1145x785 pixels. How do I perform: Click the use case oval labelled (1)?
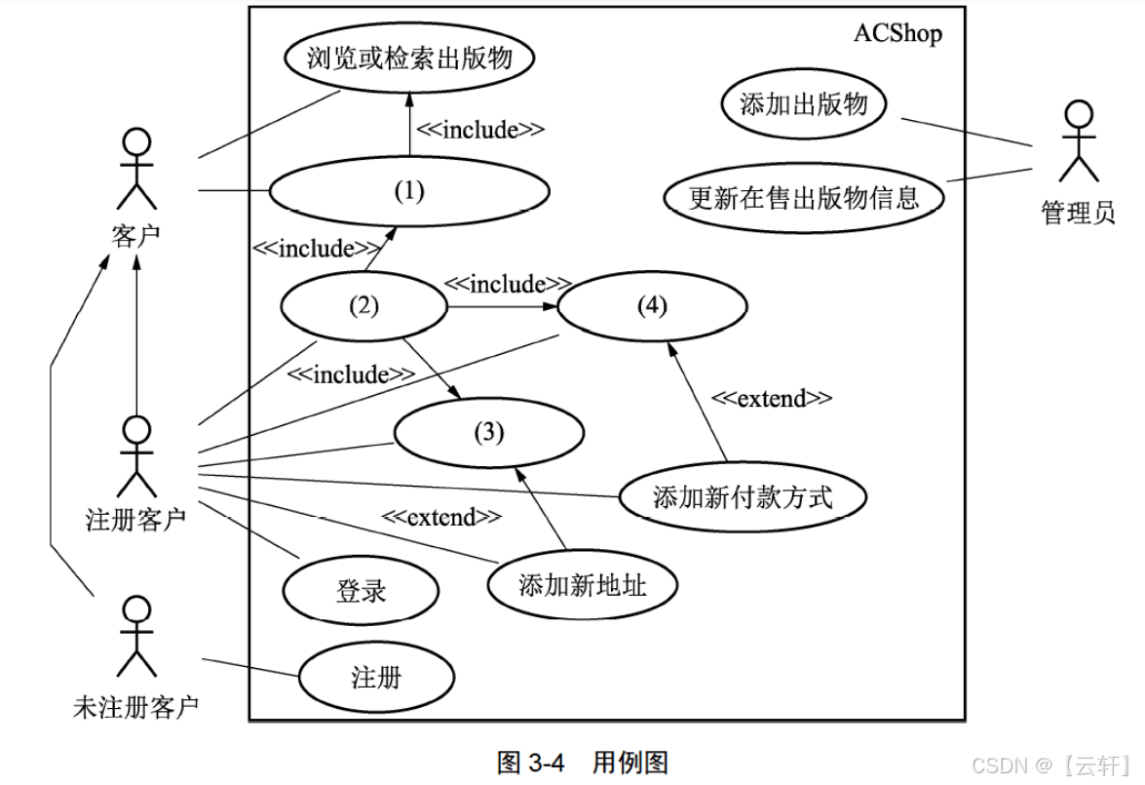click(x=409, y=191)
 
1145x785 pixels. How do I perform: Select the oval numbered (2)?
click(x=363, y=306)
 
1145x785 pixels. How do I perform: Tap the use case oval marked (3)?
click(x=488, y=432)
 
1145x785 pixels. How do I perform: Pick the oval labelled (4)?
click(x=652, y=306)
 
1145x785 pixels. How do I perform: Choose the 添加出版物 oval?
click(x=804, y=104)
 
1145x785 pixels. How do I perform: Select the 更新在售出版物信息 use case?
click(x=804, y=198)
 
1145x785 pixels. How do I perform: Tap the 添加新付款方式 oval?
click(x=743, y=497)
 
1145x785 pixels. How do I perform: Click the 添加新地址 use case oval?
click(x=583, y=585)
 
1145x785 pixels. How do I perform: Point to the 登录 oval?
click(x=362, y=590)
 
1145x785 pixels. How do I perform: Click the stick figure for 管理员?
click(x=1078, y=141)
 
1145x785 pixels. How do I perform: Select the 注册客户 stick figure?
click(x=136, y=456)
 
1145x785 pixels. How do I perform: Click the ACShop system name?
click(x=897, y=33)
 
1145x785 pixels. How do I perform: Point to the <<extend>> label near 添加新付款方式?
click(x=771, y=398)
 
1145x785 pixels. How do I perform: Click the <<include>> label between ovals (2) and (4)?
click(x=507, y=285)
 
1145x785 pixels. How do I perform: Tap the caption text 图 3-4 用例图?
click(x=582, y=762)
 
